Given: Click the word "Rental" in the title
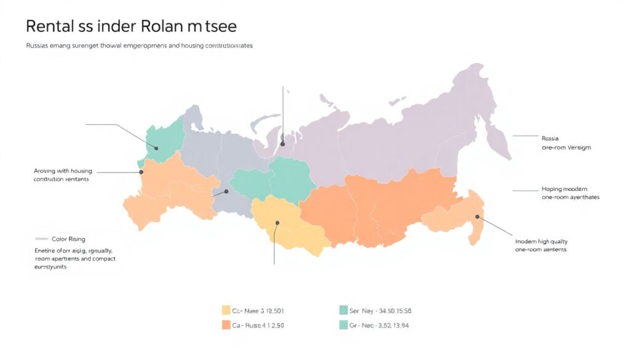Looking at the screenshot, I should click(51, 26).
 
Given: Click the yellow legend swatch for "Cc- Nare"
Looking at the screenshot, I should click(226, 311).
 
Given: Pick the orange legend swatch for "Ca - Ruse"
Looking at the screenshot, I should click(226, 325).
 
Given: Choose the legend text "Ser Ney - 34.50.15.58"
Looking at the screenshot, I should click(380, 311).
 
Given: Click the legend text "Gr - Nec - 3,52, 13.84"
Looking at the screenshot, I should click(380, 325).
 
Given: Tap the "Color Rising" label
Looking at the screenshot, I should click(68, 239).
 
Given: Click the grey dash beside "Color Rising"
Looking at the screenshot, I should click(42, 239).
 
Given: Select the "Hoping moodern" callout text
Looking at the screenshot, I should click(564, 189).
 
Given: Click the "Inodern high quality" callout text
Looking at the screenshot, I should click(541, 242).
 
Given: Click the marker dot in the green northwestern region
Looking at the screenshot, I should click(156, 148).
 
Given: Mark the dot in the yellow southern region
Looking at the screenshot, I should click(277, 224).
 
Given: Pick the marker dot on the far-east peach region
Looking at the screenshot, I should click(477, 216).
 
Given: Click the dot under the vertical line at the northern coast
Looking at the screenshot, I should click(283, 144).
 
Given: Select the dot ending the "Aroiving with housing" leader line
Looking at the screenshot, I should click(141, 173).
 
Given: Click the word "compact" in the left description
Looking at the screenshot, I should click(100, 259).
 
